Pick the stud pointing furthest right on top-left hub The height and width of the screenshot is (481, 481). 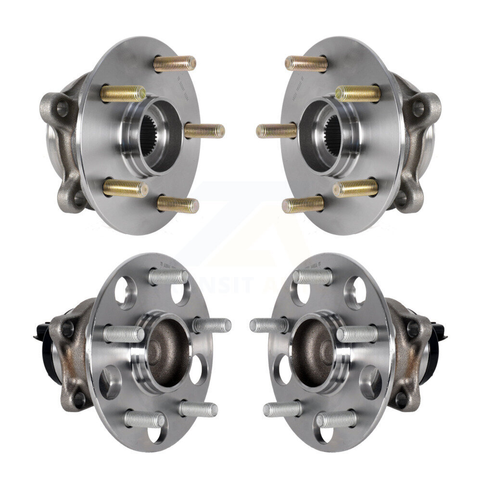[204, 131]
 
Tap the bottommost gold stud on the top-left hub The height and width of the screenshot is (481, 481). [177, 205]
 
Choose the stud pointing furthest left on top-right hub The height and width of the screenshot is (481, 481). [276, 130]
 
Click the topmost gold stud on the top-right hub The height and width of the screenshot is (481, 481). [306, 63]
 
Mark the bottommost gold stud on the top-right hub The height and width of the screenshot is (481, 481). [303, 204]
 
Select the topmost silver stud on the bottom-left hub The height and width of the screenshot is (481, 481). [168, 277]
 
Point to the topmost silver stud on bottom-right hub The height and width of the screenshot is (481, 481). [313, 277]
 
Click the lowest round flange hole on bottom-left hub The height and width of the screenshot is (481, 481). [155, 434]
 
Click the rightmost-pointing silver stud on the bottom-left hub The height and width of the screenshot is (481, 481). [212, 326]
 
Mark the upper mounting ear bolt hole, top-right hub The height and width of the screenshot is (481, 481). [418, 108]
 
